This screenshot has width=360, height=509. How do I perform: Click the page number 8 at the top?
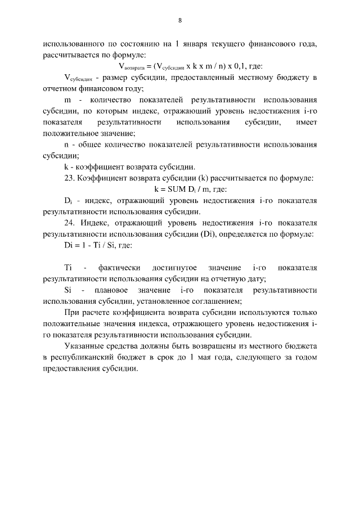(180, 21)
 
